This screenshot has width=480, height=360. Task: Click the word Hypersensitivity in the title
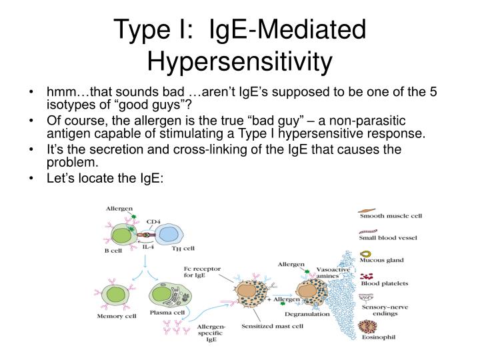coord(239,61)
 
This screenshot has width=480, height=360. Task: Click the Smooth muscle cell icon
coord(367,216)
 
